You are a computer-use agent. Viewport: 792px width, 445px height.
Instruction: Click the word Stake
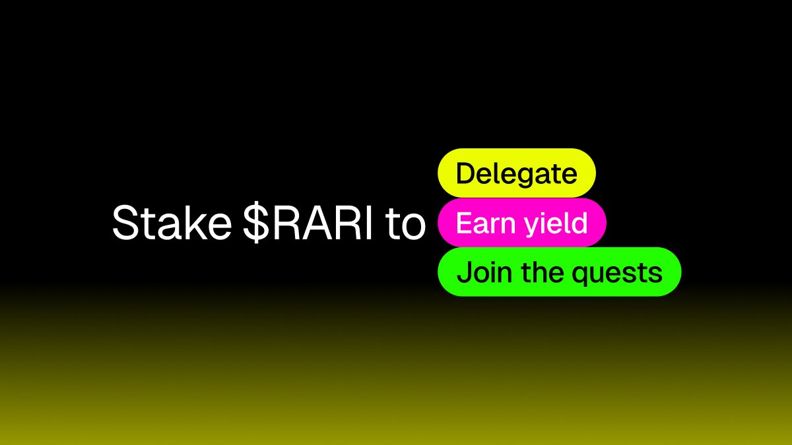[x=172, y=223]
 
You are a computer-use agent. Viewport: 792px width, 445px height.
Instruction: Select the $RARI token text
[x=308, y=223]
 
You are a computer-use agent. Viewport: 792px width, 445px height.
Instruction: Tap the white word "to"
[x=405, y=225]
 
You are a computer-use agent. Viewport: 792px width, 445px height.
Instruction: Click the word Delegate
[x=517, y=174]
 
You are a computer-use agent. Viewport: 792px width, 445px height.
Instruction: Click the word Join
[x=484, y=272]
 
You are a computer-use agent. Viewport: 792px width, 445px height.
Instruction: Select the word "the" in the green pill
[x=543, y=272]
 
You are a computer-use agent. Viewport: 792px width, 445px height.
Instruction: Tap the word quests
[x=617, y=274]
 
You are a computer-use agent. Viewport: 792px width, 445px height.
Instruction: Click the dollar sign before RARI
[x=256, y=223]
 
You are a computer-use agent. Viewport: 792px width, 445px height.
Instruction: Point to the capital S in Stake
[x=125, y=223]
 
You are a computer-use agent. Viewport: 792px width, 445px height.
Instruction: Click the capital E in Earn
[x=464, y=223]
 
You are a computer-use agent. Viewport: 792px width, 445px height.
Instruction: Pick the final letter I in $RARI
[x=369, y=223]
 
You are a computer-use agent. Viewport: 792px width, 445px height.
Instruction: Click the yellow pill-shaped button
[x=517, y=173]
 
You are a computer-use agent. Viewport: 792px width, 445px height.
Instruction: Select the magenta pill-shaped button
[x=522, y=223]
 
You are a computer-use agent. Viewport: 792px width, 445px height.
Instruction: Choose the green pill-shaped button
[x=560, y=272]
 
